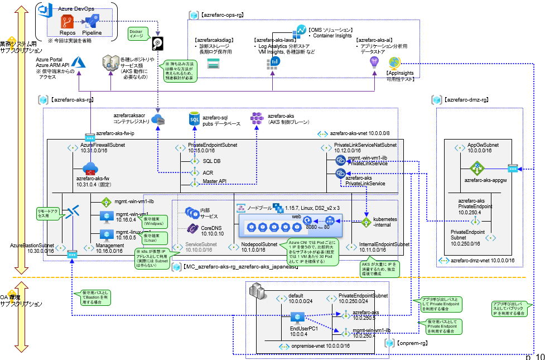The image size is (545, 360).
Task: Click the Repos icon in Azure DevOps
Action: (68, 22)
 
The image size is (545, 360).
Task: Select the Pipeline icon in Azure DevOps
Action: (92, 21)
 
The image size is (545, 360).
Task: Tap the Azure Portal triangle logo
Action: (76, 63)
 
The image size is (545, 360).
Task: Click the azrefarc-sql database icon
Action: (194, 118)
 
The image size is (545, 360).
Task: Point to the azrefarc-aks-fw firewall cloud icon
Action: (90, 169)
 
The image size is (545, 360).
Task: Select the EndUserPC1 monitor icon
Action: (296, 318)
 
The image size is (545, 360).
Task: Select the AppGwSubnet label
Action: (483, 145)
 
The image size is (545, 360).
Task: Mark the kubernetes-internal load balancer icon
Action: (366, 222)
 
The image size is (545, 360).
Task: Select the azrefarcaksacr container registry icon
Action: (158, 119)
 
